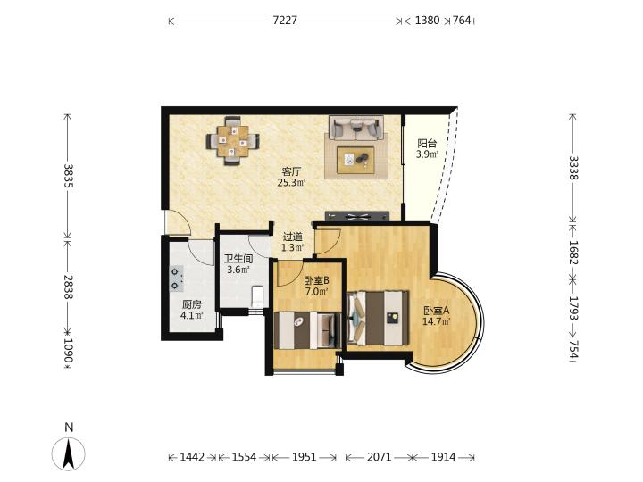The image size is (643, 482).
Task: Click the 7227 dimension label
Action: pyautogui.click(x=285, y=20)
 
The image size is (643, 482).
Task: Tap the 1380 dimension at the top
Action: pyautogui.click(x=427, y=20)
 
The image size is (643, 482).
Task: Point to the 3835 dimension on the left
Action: pyautogui.click(x=68, y=176)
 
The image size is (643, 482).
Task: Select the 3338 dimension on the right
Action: pyautogui.click(x=572, y=168)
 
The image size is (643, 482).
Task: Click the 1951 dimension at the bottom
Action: pyautogui.click(x=304, y=457)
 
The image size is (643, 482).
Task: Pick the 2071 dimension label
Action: pyautogui.click(x=379, y=457)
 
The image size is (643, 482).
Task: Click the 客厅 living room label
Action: pyautogui.click(x=291, y=171)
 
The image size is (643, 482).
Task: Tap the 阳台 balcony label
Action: pyautogui.click(x=427, y=144)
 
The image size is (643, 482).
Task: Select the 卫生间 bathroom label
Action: pyautogui.click(x=238, y=259)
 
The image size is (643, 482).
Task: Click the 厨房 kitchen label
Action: pyautogui.click(x=191, y=305)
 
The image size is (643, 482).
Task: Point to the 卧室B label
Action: pyautogui.click(x=316, y=281)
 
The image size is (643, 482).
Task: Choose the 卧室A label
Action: pyautogui.click(x=437, y=311)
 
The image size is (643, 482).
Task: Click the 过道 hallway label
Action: pyautogui.click(x=293, y=237)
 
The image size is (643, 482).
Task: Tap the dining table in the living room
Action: pyautogui.click(x=233, y=141)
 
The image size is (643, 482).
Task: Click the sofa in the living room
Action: pyautogui.click(x=356, y=128)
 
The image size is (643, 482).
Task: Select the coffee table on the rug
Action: pyautogui.click(x=355, y=160)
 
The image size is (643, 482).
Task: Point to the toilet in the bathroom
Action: pyautogui.click(x=257, y=296)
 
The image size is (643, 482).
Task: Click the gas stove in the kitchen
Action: pyautogui.click(x=177, y=278)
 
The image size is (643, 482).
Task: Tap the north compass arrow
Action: pyautogui.click(x=69, y=453)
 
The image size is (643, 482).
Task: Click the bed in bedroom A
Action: pyautogui.click(x=378, y=318)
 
